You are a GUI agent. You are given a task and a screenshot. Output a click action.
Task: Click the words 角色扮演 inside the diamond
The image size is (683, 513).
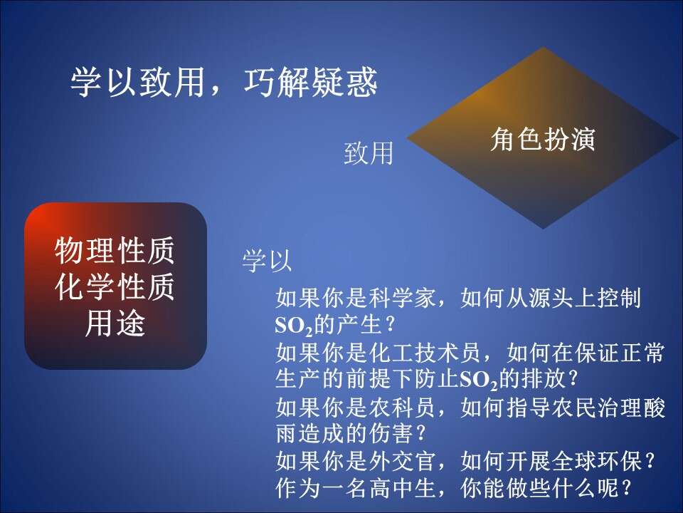point(543,139)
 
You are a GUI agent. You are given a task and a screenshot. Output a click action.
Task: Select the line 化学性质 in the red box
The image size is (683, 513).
point(115,286)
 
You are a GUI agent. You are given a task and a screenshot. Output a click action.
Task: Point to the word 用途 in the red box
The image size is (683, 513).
point(115,323)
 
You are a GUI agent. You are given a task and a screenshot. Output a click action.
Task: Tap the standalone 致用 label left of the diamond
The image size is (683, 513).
point(369,153)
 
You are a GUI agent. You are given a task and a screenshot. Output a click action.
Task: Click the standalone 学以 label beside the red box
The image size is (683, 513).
point(267,261)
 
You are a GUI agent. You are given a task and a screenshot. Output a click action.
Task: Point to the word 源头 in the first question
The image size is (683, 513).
point(551,299)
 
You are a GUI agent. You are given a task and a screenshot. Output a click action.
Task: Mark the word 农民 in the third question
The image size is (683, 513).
point(573,408)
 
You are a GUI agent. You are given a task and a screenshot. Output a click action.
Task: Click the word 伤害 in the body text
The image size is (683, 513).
point(391,433)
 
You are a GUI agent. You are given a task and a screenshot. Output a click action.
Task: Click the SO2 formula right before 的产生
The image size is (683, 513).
point(294,326)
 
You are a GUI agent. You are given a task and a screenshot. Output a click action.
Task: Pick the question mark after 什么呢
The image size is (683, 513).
point(628,488)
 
